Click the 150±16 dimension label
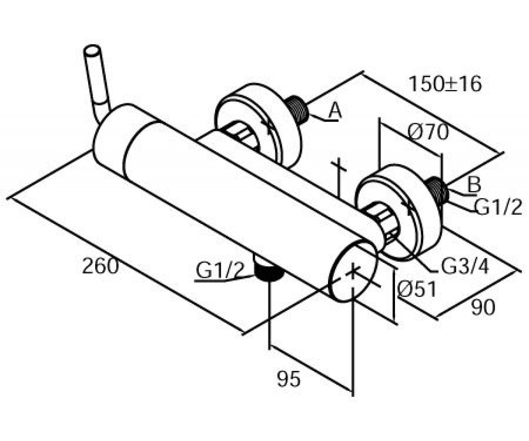point(445,84)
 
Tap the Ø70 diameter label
point(428,131)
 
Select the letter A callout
point(335,111)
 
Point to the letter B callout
point(473,184)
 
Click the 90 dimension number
point(483,308)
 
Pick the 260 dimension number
point(101,266)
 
